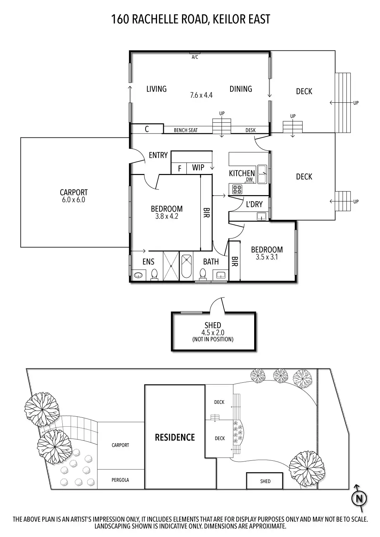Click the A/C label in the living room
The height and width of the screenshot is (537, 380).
pyautogui.click(x=195, y=57)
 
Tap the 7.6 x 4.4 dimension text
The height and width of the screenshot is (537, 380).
pyautogui.click(x=201, y=95)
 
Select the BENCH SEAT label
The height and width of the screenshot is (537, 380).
pyautogui.click(x=186, y=130)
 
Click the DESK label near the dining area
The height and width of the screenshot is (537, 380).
pyautogui.click(x=251, y=130)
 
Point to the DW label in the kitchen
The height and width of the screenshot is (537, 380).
pyautogui.click(x=250, y=180)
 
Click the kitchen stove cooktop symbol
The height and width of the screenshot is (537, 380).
pyautogui.click(x=237, y=188)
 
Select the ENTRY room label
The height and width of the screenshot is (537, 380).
pyautogui.click(x=158, y=155)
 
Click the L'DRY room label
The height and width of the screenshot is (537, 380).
pyautogui.click(x=254, y=204)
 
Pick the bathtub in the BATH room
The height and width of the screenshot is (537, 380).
pyautogui.click(x=187, y=266)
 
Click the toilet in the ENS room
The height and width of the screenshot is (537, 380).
pyautogui.click(x=155, y=275)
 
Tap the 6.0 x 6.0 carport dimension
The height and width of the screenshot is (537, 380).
pyautogui.click(x=73, y=200)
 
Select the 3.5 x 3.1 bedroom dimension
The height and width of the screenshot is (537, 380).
pyautogui.click(x=267, y=257)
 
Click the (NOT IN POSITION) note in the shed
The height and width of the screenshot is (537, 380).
pyautogui.click(x=213, y=339)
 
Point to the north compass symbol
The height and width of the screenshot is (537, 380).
pyautogui.click(x=359, y=498)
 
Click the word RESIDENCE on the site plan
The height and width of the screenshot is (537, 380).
pyautogui.click(x=175, y=437)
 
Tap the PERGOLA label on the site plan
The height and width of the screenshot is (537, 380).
pyautogui.click(x=120, y=480)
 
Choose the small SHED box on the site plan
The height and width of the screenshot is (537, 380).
pyautogui.click(x=265, y=481)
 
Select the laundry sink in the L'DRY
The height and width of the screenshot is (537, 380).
pyautogui.click(x=262, y=216)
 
